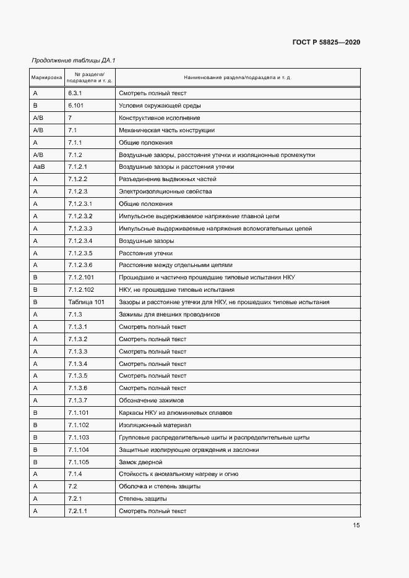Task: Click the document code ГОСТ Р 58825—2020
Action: [x=325, y=42]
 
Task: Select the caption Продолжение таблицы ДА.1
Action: [x=74, y=61]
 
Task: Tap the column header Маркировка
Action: [x=46, y=78]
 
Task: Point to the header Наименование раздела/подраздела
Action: [x=238, y=78]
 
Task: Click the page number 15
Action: [x=356, y=525]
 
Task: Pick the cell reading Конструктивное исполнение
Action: [x=159, y=118]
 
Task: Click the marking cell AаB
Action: [x=39, y=167]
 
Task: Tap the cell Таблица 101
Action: [x=86, y=302]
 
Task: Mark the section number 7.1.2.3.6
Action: [x=80, y=265]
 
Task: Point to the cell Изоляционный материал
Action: [x=155, y=425]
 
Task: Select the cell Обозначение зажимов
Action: [x=151, y=401]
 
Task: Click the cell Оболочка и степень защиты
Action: [x=159, y=487]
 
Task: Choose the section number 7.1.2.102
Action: [x=81, y=290]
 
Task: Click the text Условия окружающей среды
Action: [x=159, y=106]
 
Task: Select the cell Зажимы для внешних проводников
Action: [x=169, y=315]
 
